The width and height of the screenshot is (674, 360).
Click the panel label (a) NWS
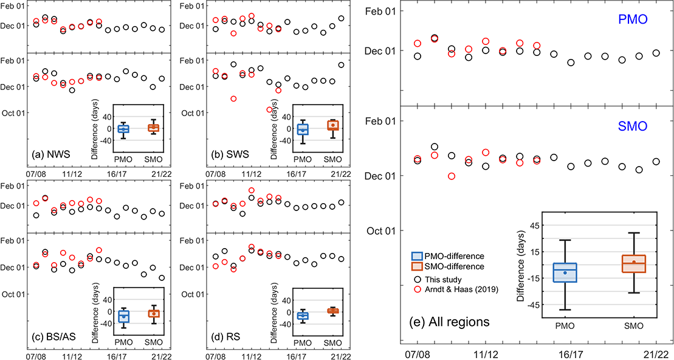coord(52,154)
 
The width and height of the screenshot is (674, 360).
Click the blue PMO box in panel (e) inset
coord(565,272)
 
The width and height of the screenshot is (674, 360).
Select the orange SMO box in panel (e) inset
coord(634,263)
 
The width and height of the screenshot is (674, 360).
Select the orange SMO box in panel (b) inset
coord(331,126)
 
